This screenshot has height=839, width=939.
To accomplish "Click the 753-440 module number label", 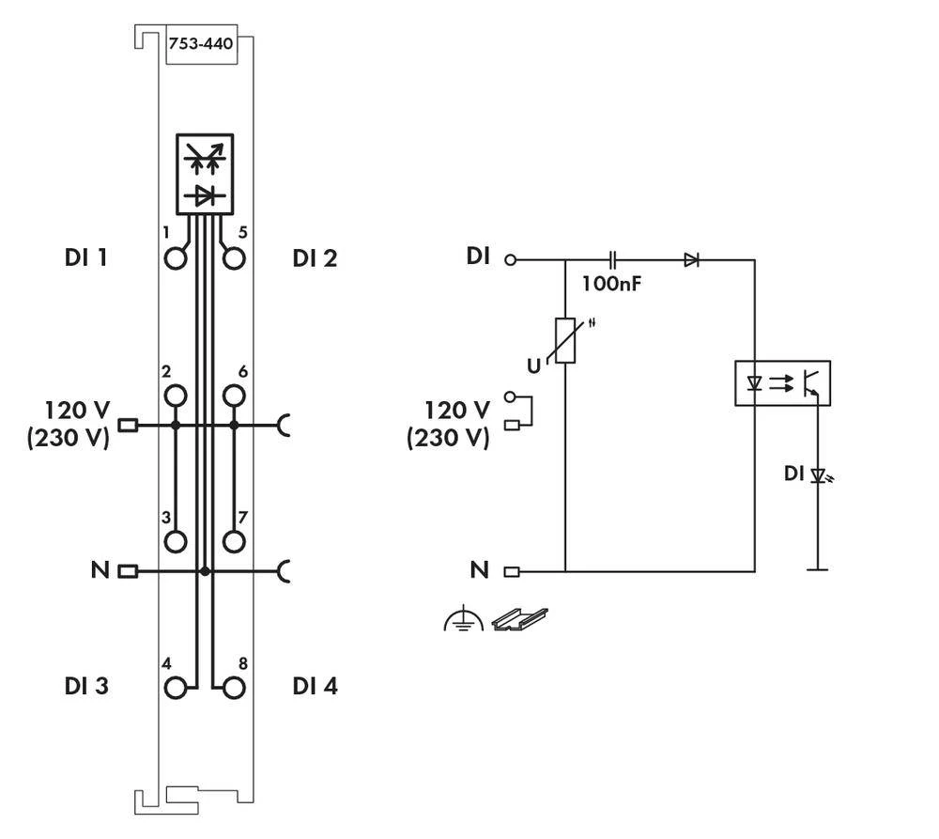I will point(200,43).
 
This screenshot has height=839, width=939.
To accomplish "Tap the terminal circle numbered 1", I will point(176,258).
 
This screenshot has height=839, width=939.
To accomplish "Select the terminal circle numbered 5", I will point(234,258).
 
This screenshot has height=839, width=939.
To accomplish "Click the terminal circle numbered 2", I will point(176,396).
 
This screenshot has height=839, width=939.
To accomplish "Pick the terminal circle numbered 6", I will point(234,396).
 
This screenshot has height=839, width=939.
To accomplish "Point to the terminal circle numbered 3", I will point(176,541).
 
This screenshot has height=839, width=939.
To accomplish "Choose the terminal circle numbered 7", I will point(234,541).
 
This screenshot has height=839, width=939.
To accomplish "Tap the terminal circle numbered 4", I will point(176,688).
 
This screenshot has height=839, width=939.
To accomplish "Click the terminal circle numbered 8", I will point(234,688).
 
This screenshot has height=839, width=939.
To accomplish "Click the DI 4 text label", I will point(315,687).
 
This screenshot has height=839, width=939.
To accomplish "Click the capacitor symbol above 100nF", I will point(612,259).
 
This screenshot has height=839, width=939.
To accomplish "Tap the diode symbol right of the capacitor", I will point(691,259).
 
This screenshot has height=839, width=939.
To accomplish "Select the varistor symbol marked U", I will point(565,340).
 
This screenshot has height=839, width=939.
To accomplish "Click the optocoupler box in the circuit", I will point(781,383).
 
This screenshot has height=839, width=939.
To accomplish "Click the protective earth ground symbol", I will point(463,619).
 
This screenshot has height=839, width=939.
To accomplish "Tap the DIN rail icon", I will point(519,619).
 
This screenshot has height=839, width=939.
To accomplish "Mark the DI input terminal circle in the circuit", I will point(511,259).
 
